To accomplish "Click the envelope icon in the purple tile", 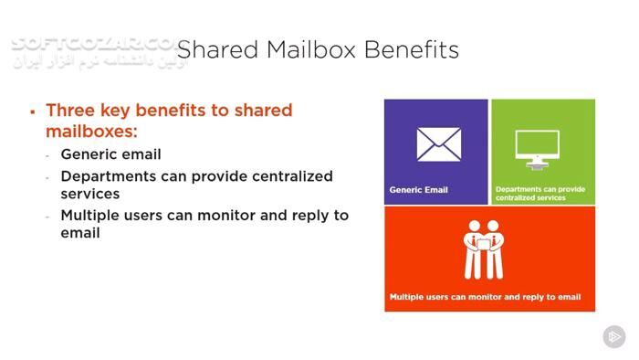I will tap(438, 144).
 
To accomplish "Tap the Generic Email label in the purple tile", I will tap(418, 190).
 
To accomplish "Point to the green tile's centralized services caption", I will tap(540, 194).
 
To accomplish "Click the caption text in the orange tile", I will tap(485, 297).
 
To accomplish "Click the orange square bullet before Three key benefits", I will tap(33, 111).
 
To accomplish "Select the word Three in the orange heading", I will tap(70, 111).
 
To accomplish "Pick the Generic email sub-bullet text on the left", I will tap(110, 154).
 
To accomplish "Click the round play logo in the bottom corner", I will tap(614, 336).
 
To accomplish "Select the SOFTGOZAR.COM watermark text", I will tap(91, 44).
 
